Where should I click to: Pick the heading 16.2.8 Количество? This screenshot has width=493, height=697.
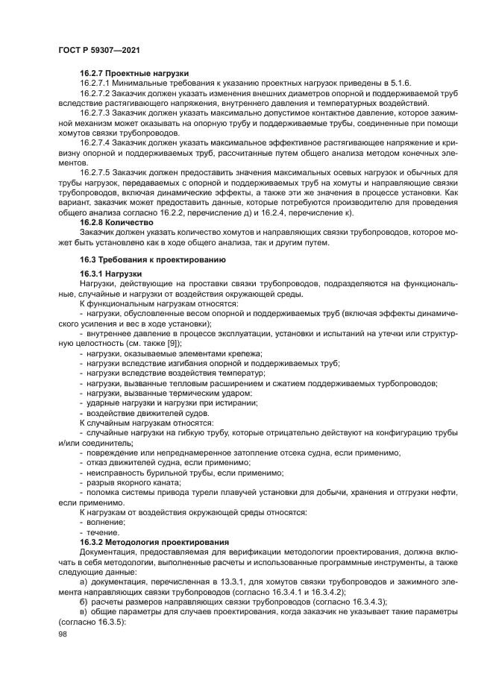(x=116, y=222)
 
